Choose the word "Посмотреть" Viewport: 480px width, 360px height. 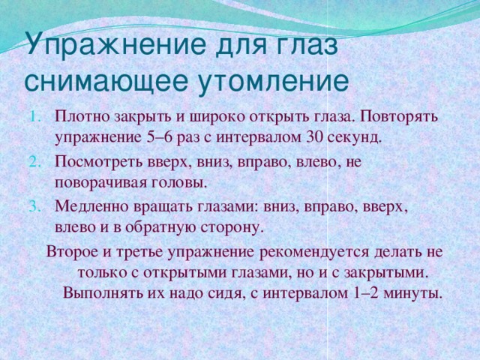point(94,160)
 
